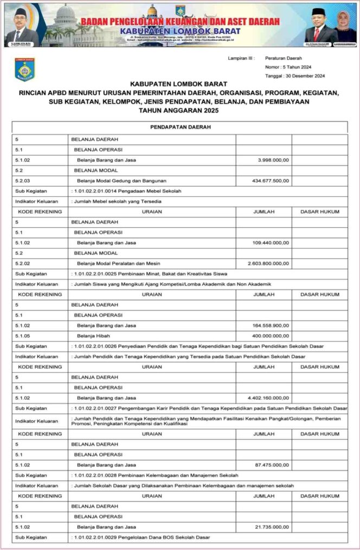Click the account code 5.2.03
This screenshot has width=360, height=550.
tap(23, 181)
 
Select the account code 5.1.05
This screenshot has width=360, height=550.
tap(23, 336)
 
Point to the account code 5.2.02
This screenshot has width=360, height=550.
tap(23, 264)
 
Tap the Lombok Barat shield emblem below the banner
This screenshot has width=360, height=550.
tap(24, 69)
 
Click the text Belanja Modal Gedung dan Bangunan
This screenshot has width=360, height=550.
tap(121, 181)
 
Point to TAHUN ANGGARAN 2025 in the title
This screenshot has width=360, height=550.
tap(179, 111)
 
